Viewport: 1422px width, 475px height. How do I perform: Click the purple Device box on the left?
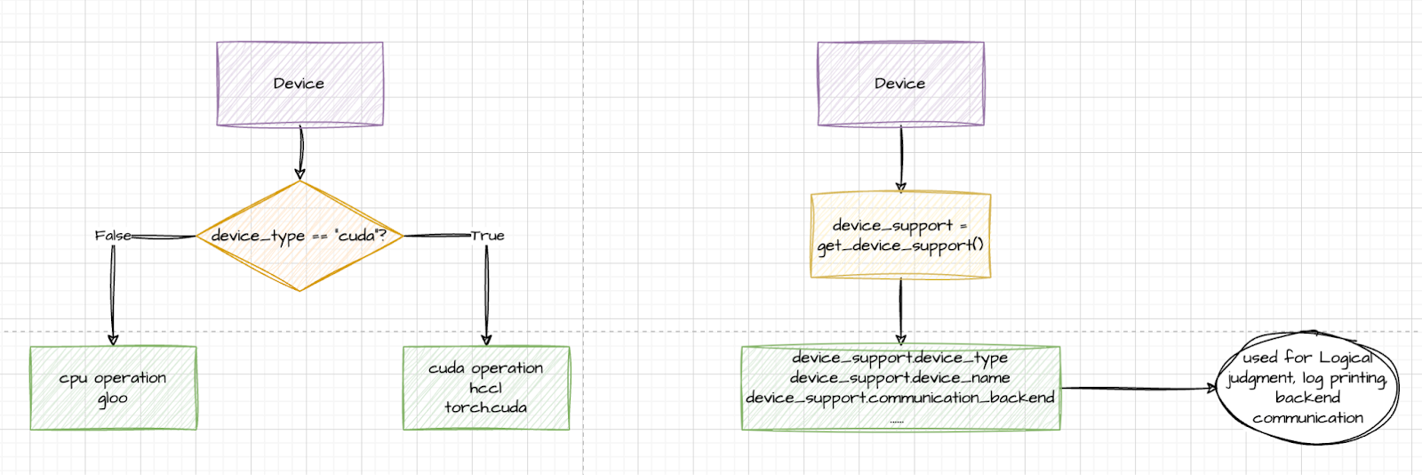pyautogui.click(x=300, y=84)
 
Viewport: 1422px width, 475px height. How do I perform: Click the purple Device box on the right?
pyautogui.click(x=900, y=84)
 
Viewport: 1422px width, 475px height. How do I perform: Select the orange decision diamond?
pyautogui.click(x=300, y=236)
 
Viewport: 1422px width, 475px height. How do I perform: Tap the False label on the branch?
pyautogui.click(x=113, y=236)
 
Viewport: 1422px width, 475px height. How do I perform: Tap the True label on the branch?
pyautogui.click(x=487, y=236)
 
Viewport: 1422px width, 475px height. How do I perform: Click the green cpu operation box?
pyautogui.click(x=113, y=388)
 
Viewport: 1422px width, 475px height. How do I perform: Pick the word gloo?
pyautogui.click(x=113, y=399)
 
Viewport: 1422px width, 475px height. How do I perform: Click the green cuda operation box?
pyautogui.click(x=485, y=388)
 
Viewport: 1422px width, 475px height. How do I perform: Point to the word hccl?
pyautogui.click(x=485, y=388)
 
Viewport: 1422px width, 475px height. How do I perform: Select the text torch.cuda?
pyautogui.click(x=485, y=407)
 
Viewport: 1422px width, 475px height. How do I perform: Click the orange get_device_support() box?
pyautogui.click(x=900, y=236)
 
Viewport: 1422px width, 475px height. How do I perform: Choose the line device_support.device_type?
pyautogui.click(x=899, y=358)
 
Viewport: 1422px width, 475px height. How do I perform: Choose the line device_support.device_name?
pyautogui.click(x=899, y=377)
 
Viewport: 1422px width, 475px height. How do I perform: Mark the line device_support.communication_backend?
pyautogui.click(x=899, y=398)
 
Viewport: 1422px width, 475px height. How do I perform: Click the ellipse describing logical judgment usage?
pyautogui.click(x=1307, y=388)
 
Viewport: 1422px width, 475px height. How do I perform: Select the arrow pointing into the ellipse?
pyautogui.click(x=1138, y=388)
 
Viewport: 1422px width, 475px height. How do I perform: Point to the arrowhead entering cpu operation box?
pyautogui.click(x=113, y=339)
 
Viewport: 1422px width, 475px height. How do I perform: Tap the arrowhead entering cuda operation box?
pyautogui.click(x=486, y=339)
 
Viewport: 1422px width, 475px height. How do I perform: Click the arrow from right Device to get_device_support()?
pyautogui.click(x=900, y=158)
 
